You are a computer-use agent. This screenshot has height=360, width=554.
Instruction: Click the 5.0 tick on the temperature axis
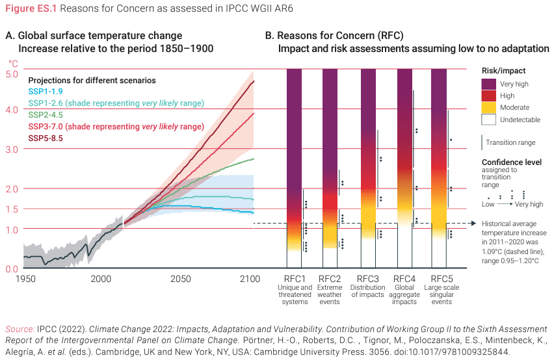[x=12, y=74]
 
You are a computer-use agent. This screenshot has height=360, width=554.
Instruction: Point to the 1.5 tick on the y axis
[x=12, y=209]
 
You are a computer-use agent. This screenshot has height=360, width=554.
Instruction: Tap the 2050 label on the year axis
[x=181, y=279]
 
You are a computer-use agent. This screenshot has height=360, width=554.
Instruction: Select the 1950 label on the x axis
[x=25, y=279]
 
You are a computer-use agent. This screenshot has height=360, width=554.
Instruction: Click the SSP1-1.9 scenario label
[x=46, y=92]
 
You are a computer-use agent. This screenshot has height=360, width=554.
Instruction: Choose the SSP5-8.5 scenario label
[x=46, y=138]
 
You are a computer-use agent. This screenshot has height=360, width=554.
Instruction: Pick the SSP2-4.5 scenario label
[x=46, y=114]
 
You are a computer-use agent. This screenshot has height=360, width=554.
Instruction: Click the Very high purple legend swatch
[x=488, y=84]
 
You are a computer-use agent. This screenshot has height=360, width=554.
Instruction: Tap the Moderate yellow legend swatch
[x=488, y=107]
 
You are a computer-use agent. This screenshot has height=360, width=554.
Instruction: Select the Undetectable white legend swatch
[x=488, y=120]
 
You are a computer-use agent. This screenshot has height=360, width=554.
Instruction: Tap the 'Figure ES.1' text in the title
[x=29, y=7]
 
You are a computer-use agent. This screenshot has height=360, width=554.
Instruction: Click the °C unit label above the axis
[x=13, y=64]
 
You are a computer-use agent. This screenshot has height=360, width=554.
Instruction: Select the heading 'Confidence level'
[x=511, y=162]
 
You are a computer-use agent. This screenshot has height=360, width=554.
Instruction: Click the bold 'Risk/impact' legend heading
[x=503, y=70]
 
